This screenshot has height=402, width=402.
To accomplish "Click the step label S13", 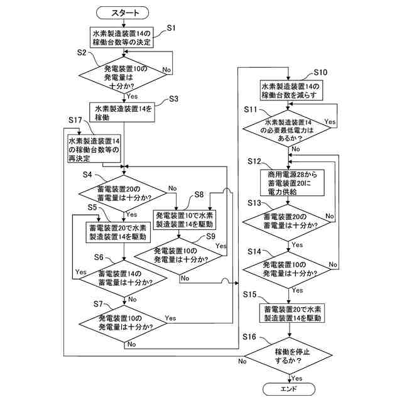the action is (x=254, y=203).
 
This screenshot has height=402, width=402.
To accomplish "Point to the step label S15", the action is (x=250, y=295).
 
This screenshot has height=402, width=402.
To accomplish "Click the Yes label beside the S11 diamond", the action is (x=330, y=121).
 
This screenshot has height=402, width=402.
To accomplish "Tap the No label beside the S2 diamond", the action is (x=166, y=70).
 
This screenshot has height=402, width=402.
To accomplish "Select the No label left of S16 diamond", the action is (x=242, y=361).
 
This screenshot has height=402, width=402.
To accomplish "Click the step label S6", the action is (x=99, y=257).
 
